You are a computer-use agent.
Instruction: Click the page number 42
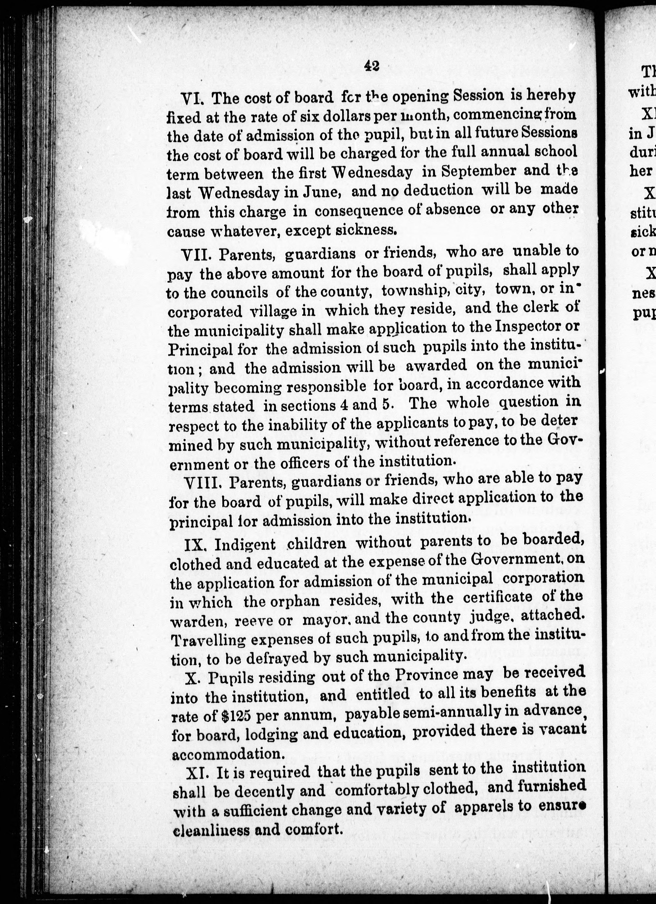pos(371,66)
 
